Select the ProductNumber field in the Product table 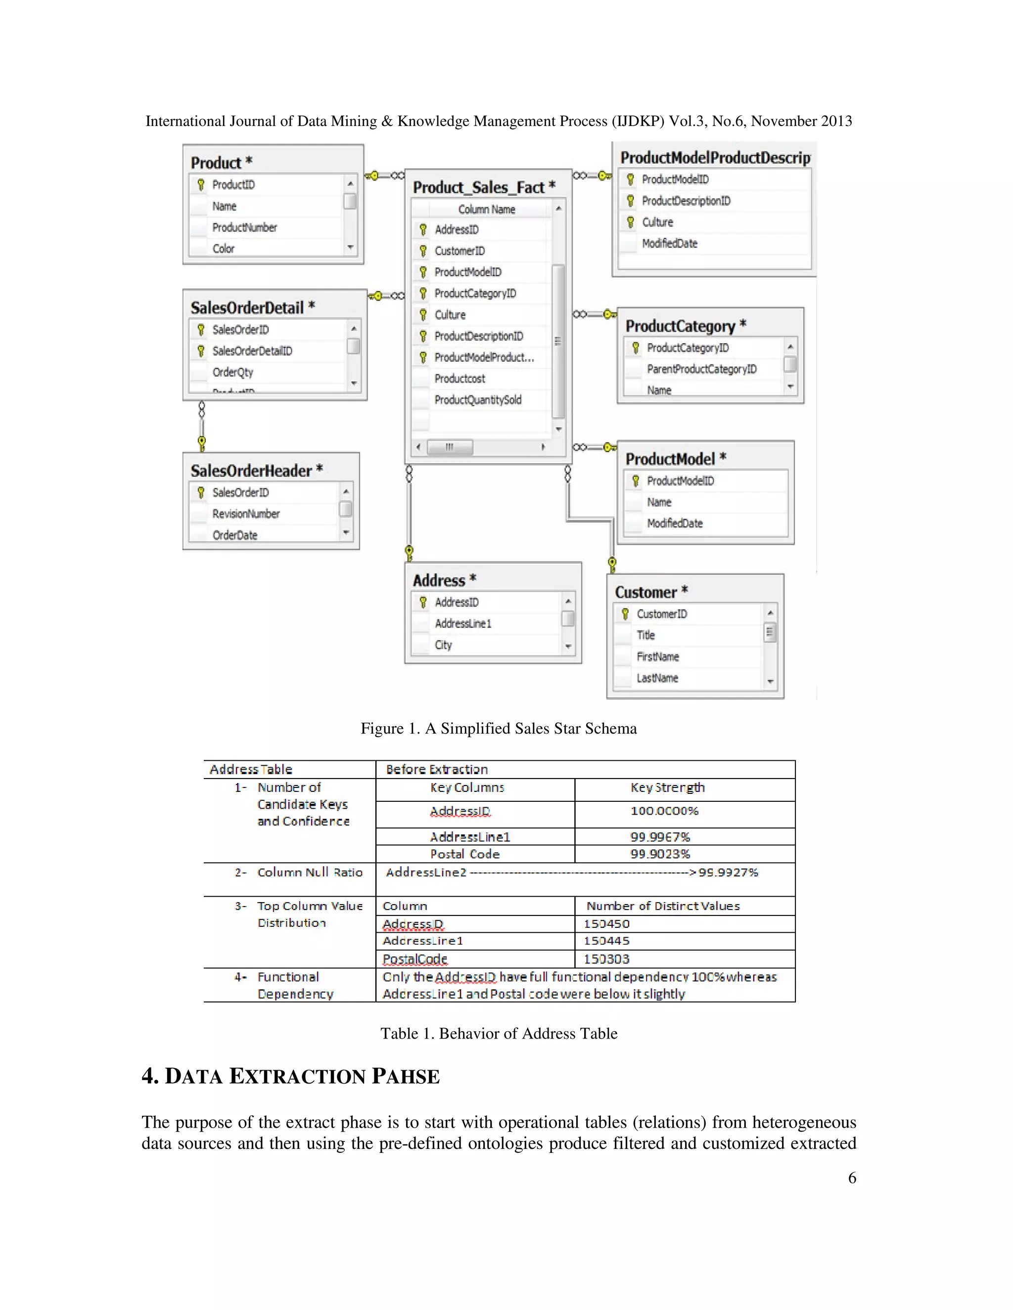click(244, 227)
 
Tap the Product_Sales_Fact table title click(484, 187)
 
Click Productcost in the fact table click(460, 379)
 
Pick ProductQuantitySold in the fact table click(478, 399)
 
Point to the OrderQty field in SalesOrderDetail click(232, 372)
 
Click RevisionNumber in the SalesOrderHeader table click(245, 514)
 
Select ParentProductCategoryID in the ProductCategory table click(701, 369)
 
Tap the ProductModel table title click(675, 459)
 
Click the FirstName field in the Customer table click(657, 656)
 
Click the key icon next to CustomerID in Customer click(625, 613)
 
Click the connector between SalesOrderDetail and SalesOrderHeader click(202, 427)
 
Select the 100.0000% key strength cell click(664, 811)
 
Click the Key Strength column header click(667, 787)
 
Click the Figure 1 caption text click(498, 728)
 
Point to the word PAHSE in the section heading click(405, 1076)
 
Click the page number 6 click(852, 1178)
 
